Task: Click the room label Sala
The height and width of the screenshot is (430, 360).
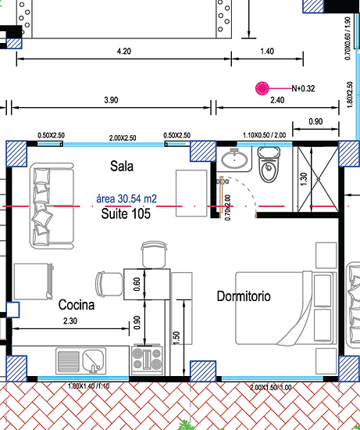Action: (123, 166)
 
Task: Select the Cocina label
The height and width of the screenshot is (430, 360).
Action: (77, 305)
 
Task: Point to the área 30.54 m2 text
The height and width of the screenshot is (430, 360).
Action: (127, 199)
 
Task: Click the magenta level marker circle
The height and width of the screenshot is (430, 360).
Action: (262, 88)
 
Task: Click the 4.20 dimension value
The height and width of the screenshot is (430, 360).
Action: (123, 51)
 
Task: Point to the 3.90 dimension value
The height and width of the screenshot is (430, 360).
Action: (111, 100)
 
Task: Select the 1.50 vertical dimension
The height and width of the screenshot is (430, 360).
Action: (177, 337)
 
